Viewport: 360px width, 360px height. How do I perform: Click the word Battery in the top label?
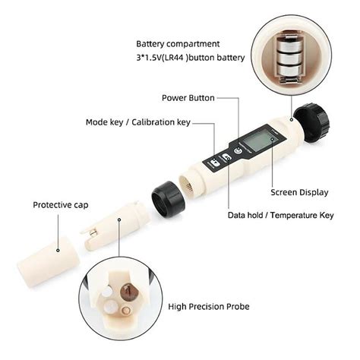coord(151,45)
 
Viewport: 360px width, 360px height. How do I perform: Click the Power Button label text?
coord(188,98)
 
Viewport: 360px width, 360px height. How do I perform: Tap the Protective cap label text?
coord(59,204)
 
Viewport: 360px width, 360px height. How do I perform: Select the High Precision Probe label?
coord(210,307)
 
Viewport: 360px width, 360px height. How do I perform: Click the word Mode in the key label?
coord(97,122)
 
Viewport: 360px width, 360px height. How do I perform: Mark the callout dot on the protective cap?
coord(59,248)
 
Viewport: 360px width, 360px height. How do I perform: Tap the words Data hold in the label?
coord(248,215)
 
